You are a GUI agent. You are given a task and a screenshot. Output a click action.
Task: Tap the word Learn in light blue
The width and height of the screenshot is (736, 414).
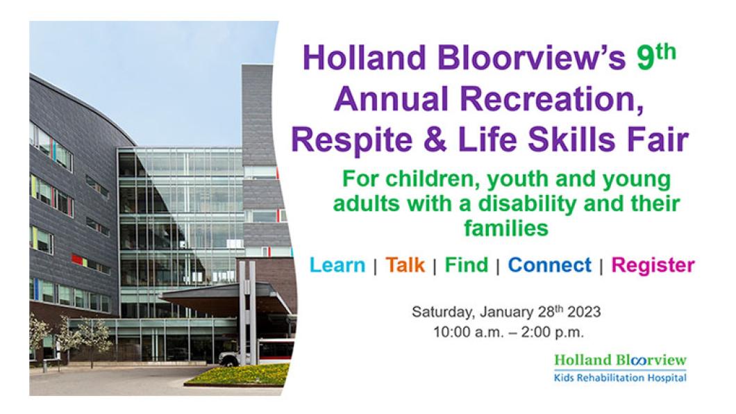pyautogui.click(x=337, y=265)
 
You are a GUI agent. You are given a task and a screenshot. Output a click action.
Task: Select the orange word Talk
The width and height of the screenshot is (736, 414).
pyautogui.click(x=405, y=265)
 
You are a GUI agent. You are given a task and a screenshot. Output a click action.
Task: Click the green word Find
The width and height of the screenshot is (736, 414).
pyautogui.click(x=467, y=265)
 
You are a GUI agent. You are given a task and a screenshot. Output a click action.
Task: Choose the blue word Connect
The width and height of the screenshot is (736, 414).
pyautogui.click(x=550, y=265)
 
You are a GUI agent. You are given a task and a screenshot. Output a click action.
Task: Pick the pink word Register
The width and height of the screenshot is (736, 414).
pyautogui.click(x=653, y=265)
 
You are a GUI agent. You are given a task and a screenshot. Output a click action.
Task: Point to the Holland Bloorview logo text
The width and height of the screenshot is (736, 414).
pyautogui.click(x=621, y=360)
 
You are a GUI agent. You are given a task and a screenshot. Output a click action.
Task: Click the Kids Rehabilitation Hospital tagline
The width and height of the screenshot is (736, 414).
pyautogui.click(x=621, y=377)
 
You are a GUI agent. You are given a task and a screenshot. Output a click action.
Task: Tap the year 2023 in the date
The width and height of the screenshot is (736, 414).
pyautogui.click(x=584, y=312)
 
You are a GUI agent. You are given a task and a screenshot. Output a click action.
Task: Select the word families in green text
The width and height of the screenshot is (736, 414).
pyautogui.click(x=506, y=228)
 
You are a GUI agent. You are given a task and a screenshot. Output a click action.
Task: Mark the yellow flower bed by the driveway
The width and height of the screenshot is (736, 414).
pyautogui.click(x=237, y=374)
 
